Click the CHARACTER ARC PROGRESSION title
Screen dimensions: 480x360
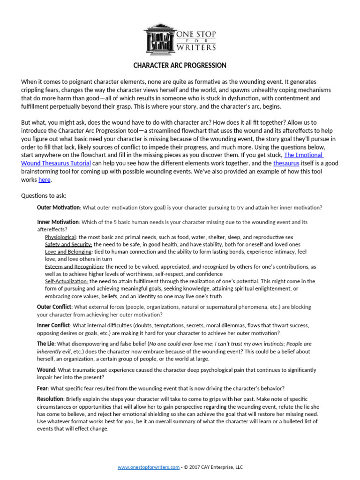pyautogui.click(x=180, y=65)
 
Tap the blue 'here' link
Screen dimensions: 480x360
pyautogui.click(x=44, y=180)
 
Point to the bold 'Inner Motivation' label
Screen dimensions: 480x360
pyautogui.click(x=58, y=222)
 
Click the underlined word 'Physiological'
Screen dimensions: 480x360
pyautogui.click(x=60, y=237)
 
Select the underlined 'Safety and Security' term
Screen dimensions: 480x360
pyautogui.click(x=68, y=245)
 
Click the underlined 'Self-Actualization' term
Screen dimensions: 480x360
pyautogui.click(x=67, y=281)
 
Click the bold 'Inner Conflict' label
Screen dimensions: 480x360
pyautogui.click(x=53, y=325)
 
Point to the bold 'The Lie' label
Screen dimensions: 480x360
pyautogui.click(x=45, y=344)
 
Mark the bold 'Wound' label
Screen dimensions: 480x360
pyautogui.click(x=46, y=370)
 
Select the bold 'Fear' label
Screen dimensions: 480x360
pyautogui.click(x=42, y=388)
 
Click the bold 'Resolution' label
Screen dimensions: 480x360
pyautogui.click(x=50, y=398)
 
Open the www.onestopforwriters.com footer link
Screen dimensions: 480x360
pyautogui.click(x=148, y=467)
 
